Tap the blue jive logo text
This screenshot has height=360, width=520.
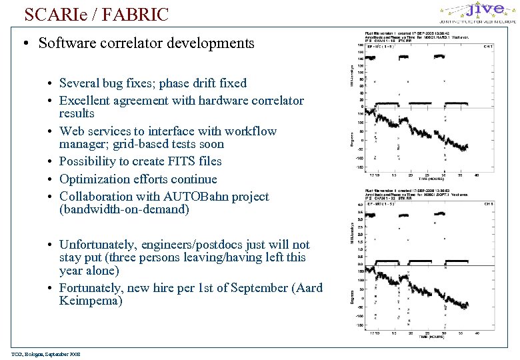coord(485,9)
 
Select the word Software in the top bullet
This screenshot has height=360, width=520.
coord(65,43)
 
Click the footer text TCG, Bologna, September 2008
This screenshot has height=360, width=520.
coord(45,354)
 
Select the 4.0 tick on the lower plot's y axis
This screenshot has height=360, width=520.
coord(361,205)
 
